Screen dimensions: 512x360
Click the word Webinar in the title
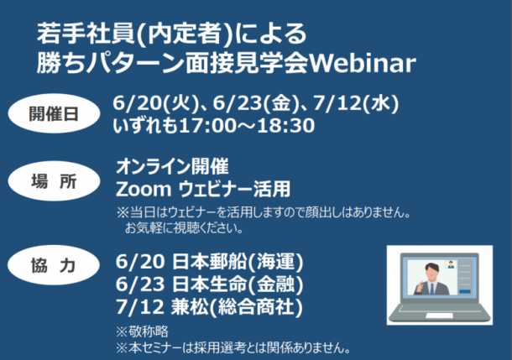pos(363,63)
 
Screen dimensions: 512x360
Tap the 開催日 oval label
pos(54,113)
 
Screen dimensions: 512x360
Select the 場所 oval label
pos(54,180)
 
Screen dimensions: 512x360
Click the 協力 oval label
pos(54,265)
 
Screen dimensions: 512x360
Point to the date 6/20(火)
pos(156,103)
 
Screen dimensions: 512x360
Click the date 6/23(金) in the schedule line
pos(256,103)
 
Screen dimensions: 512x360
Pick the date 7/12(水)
pos(356,103)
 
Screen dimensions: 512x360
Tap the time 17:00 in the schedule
pos(207,126)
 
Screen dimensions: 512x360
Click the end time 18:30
pos(286,126)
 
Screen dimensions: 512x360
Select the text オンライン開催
pos(172,166)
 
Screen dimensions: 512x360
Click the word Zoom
pos(144,190)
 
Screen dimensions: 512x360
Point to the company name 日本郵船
pos(210,262)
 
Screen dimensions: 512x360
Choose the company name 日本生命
pos(210,284)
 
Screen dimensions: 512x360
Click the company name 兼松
pos(190,307)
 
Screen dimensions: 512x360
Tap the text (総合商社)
pos(256,307)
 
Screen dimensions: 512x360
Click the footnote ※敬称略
pos(143,331)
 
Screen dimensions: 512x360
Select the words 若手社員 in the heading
pos(86,34)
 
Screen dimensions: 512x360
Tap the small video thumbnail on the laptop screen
pos(451,264)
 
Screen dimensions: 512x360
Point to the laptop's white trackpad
pos(440,316)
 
